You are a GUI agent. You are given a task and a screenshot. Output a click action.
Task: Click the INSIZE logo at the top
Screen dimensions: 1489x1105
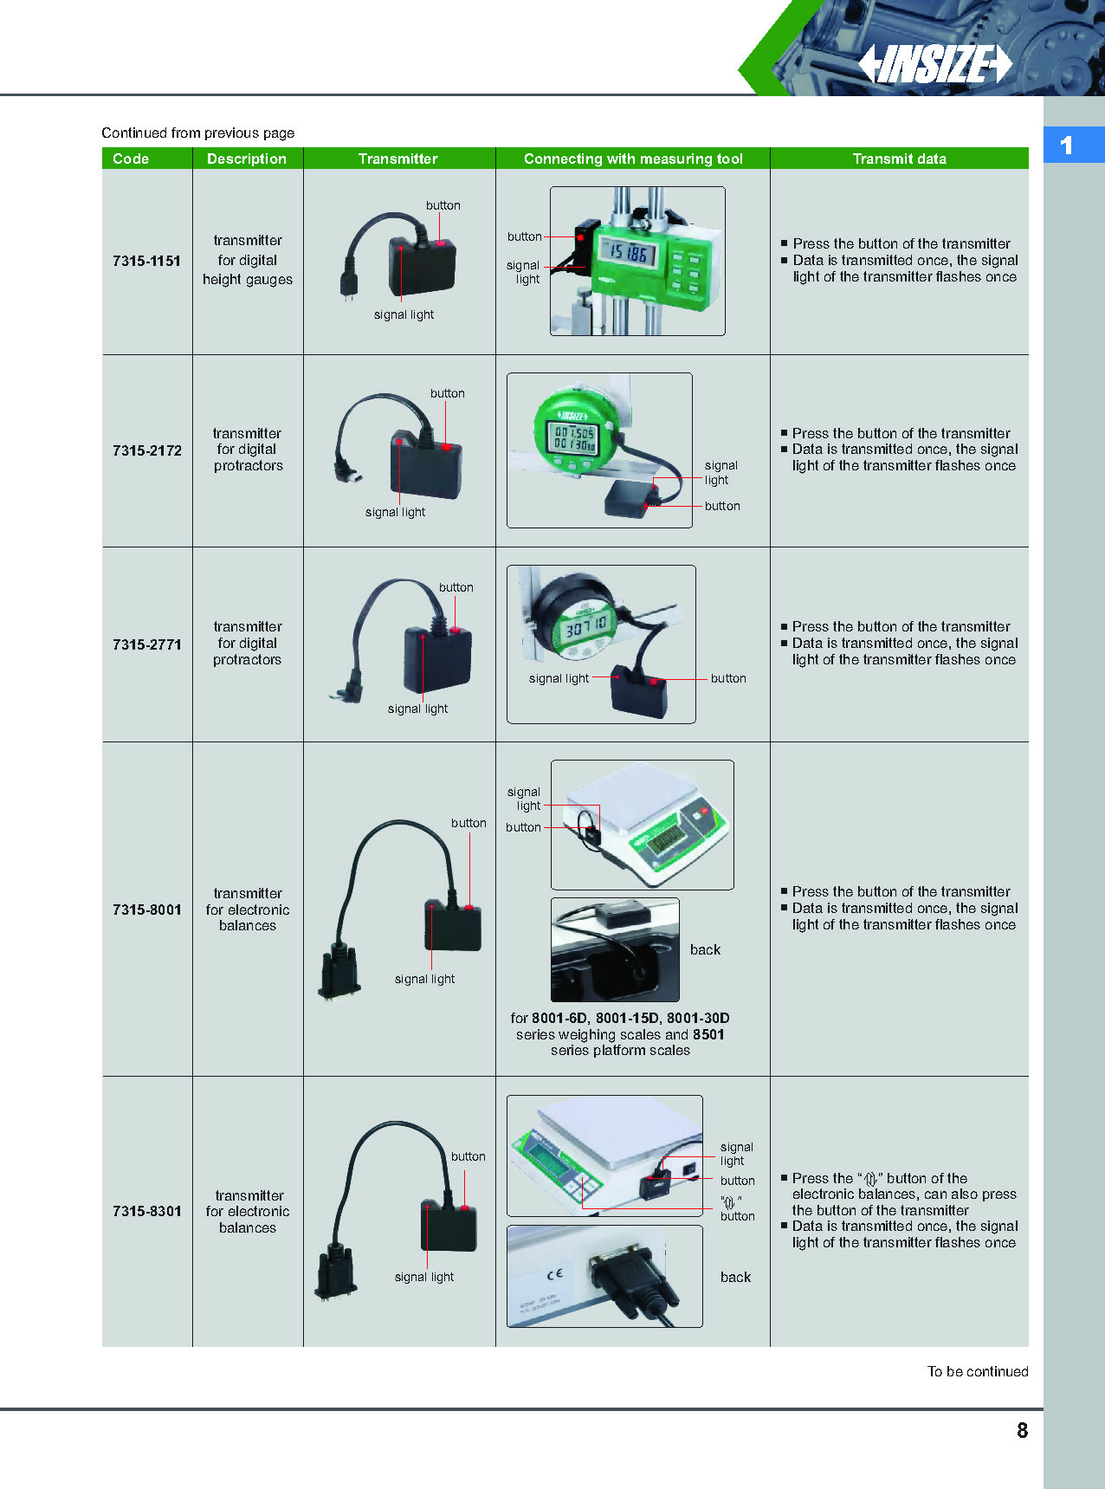coord(935,64)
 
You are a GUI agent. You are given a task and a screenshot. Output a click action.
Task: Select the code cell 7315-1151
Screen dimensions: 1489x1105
coord(146,261)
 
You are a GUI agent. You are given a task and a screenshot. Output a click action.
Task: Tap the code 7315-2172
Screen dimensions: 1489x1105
coord(146,450)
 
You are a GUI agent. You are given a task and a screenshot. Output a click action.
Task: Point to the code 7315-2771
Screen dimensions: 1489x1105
coord(146,644)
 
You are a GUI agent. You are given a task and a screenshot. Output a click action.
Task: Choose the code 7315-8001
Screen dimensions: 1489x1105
coord(146,910)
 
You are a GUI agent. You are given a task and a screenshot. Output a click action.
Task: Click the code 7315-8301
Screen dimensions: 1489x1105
coord(146,1211)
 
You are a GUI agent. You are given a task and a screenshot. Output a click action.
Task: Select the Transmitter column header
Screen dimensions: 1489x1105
coord(397,159)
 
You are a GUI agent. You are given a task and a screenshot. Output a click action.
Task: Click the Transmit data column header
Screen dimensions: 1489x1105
coord(899,159)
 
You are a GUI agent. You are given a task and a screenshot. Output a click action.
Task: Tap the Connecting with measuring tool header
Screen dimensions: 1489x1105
coord(633,159)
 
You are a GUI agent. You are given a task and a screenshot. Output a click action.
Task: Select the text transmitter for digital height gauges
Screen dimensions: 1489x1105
coord(248,260)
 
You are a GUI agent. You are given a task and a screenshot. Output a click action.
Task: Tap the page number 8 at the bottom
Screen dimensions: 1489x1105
coord(1022,1430)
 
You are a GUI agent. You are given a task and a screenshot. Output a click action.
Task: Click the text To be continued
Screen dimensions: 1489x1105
coord(978,1371)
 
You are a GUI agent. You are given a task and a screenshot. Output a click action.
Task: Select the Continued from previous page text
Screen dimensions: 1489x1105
coord(197,133)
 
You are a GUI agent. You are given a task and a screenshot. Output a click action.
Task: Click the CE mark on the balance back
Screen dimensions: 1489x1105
coord(555,1273)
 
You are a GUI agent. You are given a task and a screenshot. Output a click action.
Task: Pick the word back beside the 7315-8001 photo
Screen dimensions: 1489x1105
coord(705,949)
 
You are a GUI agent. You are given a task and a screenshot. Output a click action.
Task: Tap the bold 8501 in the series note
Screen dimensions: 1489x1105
coord(708,1034)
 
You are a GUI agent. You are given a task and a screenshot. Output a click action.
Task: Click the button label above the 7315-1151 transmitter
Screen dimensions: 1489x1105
coord(443,205)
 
